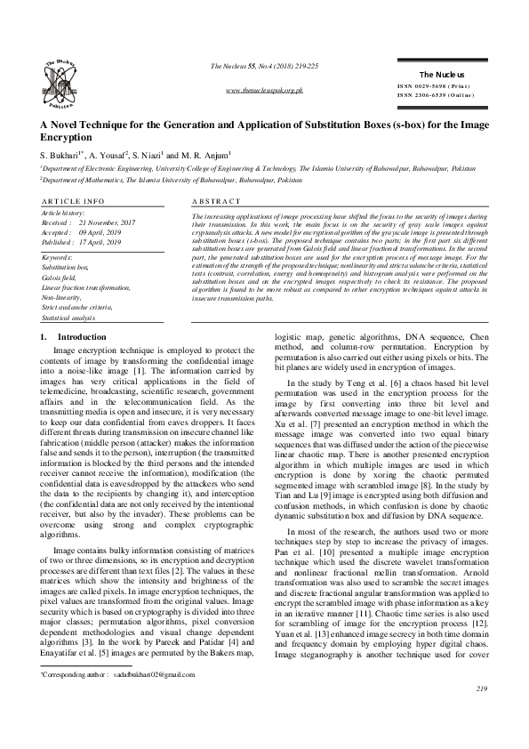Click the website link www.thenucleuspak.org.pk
tap(267, 91)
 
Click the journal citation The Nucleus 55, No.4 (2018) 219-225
tap(265, 67)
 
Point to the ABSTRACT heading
tap(217, 202)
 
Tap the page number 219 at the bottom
tap(482, 714)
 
